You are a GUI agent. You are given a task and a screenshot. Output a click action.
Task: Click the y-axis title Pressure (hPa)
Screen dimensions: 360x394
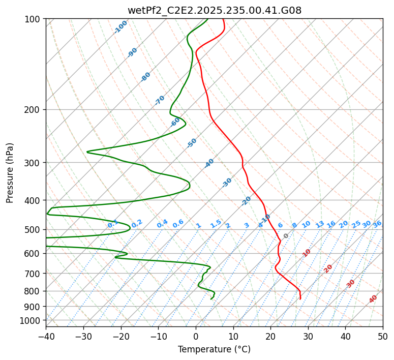tap(10, 173)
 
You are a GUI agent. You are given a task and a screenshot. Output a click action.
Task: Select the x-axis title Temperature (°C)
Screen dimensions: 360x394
tap(214, 349)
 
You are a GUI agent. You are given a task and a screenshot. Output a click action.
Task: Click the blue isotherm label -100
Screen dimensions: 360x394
tap(121, 27)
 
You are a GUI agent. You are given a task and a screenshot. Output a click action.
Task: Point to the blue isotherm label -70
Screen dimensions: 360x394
tap(160, 100)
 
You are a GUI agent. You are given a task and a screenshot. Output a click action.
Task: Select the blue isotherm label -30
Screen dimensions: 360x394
tap(227, 182)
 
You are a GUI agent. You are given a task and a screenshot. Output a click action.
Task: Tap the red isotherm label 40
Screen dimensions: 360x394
tap(373, 299)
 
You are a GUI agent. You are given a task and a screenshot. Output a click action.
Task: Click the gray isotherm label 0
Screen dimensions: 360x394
tap(286, 236)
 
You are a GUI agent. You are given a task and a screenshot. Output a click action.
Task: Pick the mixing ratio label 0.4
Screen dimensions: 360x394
tap(162, 224)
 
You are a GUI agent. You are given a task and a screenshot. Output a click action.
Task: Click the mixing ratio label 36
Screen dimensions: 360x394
tap(377, 224)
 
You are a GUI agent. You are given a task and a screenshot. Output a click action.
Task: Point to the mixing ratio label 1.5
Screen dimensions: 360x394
tap(216, 223)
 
